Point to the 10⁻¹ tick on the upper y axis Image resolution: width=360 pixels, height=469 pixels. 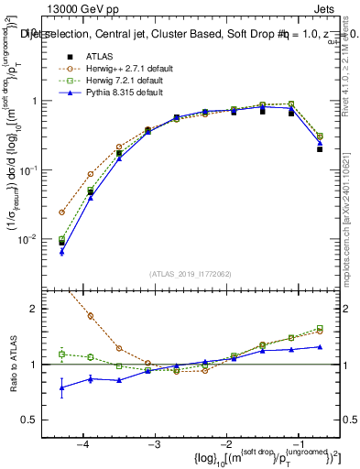(x=38, y=170)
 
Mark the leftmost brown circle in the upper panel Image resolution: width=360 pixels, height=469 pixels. (x=62, y=212)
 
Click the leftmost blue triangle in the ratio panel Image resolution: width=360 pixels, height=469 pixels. (x=62, y=387)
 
